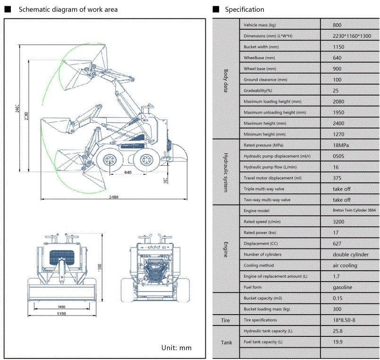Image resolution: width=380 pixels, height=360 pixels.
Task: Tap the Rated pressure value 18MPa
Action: pyautogui.click(x=343, y=145)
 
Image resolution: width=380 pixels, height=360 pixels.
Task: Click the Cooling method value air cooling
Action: pyautogui.click(x=345, y=266)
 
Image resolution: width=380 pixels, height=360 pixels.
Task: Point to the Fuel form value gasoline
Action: pyautogui.click(x=342, y=287)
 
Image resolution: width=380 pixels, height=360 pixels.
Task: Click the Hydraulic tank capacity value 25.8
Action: pyautogui.click(x=338, y=331)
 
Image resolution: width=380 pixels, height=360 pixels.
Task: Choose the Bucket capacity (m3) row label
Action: pyautogui.click(x=262, y=298)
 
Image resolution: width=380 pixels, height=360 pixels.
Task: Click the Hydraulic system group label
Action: pyautogui.click(x=226, y=172)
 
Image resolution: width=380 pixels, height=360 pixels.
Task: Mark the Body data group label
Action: pyautogui.click(x=226, y=80)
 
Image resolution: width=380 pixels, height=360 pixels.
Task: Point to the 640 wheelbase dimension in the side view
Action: pyautogui.click(x=127, y=172)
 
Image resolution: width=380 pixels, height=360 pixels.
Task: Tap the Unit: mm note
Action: pyautogui.click(x=176, y=348)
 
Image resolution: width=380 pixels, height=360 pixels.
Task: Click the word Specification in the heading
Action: pyautogui.click(x=244, y=9)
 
